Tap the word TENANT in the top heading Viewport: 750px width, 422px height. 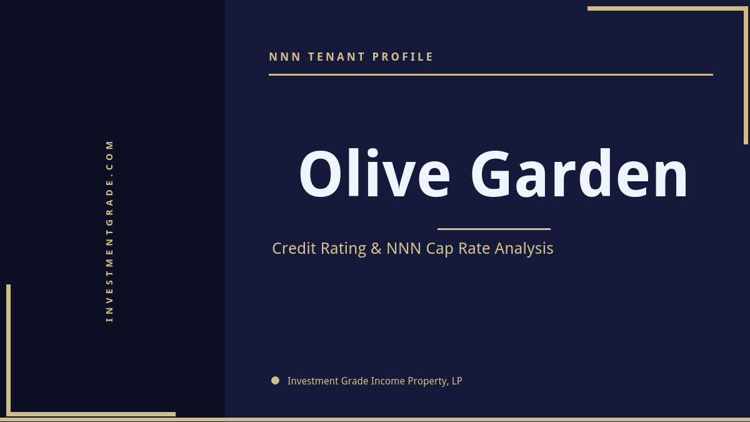coord(337,57)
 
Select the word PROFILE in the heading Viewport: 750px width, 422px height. coord(403,57)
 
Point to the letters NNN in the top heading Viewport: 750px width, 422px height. coord(285,57)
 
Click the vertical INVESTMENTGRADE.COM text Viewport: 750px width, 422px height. coord(110,231)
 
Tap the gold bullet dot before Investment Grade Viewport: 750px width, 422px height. coord(275,380)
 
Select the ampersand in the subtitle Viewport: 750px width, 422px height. coord(376,248)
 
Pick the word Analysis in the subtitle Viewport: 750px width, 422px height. coord(524,248)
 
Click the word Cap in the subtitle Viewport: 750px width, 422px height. coord(440,249)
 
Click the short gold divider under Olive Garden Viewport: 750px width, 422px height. coord(494,229)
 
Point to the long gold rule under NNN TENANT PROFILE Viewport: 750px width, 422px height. coord(491,74)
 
